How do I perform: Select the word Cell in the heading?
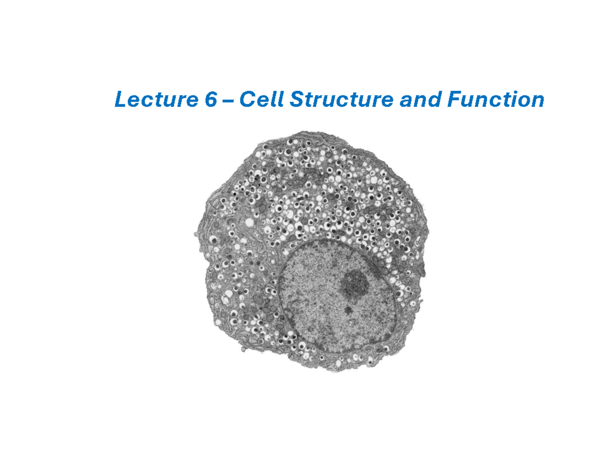(258, 100)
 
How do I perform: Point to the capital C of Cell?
(246, 100)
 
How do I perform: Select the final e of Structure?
(387, 101)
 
